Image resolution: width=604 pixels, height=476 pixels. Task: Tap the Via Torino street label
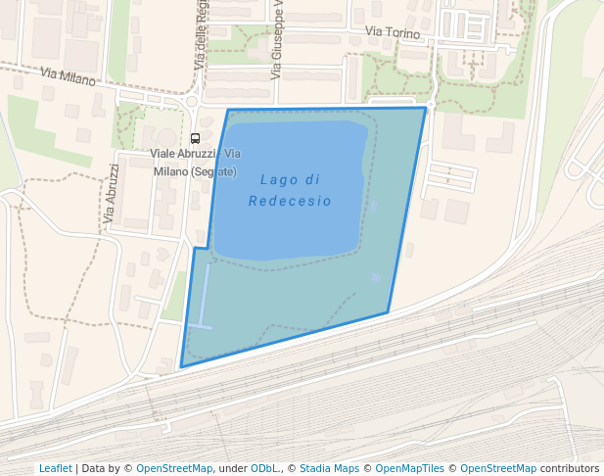point(392,33)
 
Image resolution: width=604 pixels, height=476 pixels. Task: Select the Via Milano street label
point(69,75)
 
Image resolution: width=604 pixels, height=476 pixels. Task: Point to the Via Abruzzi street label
point(112,193)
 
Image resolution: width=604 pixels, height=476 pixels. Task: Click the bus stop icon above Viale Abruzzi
point(195,138)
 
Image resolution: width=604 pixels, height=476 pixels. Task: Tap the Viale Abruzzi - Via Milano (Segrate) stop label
point(195,163)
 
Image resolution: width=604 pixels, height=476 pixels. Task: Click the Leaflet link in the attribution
point(55,468)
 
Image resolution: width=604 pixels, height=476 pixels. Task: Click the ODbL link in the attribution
point(263,468)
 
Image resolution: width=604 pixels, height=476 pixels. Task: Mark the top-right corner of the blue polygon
point(426,108)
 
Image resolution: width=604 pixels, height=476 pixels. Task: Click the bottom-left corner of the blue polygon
point(181,367)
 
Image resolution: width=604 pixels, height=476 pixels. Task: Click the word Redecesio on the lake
point(290,201)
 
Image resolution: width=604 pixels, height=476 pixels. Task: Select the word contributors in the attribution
point(570,468)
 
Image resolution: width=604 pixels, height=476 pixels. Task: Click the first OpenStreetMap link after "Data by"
point(174,468)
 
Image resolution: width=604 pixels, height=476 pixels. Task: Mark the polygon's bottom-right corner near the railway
point(388,312)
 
